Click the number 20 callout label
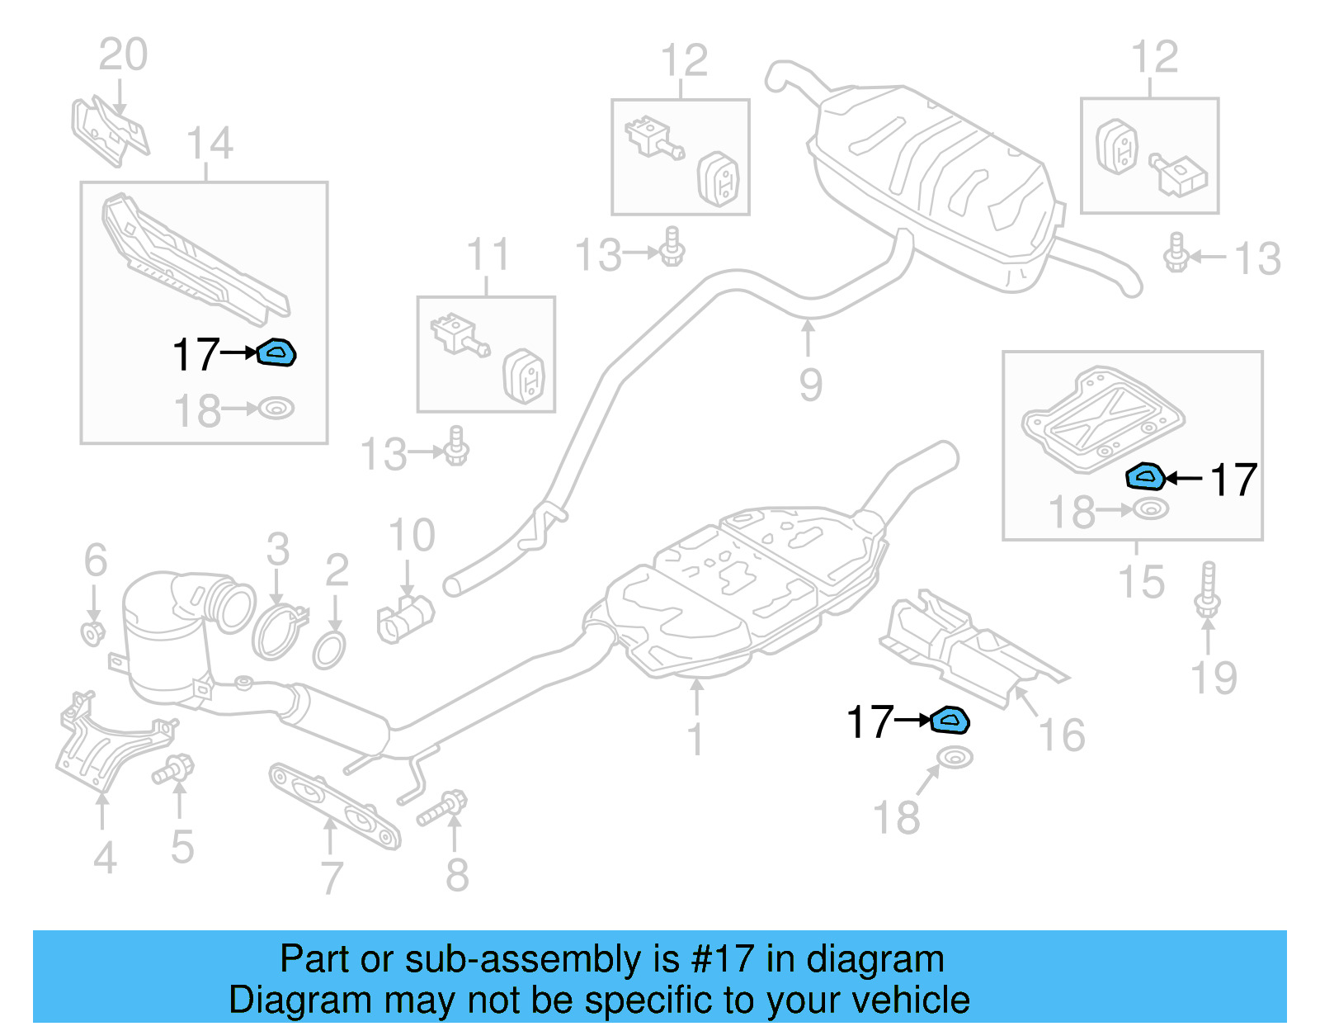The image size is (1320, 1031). coord(123,55)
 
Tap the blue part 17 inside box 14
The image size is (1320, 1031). coord(277,353)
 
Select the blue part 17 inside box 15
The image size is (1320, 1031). coord(1145,476)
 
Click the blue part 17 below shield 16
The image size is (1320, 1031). coord(950,721)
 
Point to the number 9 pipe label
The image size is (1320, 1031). coord(810,385)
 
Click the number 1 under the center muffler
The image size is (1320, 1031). coord(696,737)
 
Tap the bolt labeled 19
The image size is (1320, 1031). coord(1207,589)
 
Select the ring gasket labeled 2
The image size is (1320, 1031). coord(329,650)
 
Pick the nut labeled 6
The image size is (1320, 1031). coord(93,634)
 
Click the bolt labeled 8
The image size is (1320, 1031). coord(442,808)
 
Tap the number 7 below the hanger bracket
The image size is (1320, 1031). coord(331,877)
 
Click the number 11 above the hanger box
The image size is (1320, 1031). coord(488,255)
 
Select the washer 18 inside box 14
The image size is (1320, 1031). coord(276,409)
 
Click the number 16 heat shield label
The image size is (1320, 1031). coord(1062,735)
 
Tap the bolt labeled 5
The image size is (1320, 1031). coord(173,770)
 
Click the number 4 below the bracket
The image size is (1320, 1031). coord(104,857)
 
